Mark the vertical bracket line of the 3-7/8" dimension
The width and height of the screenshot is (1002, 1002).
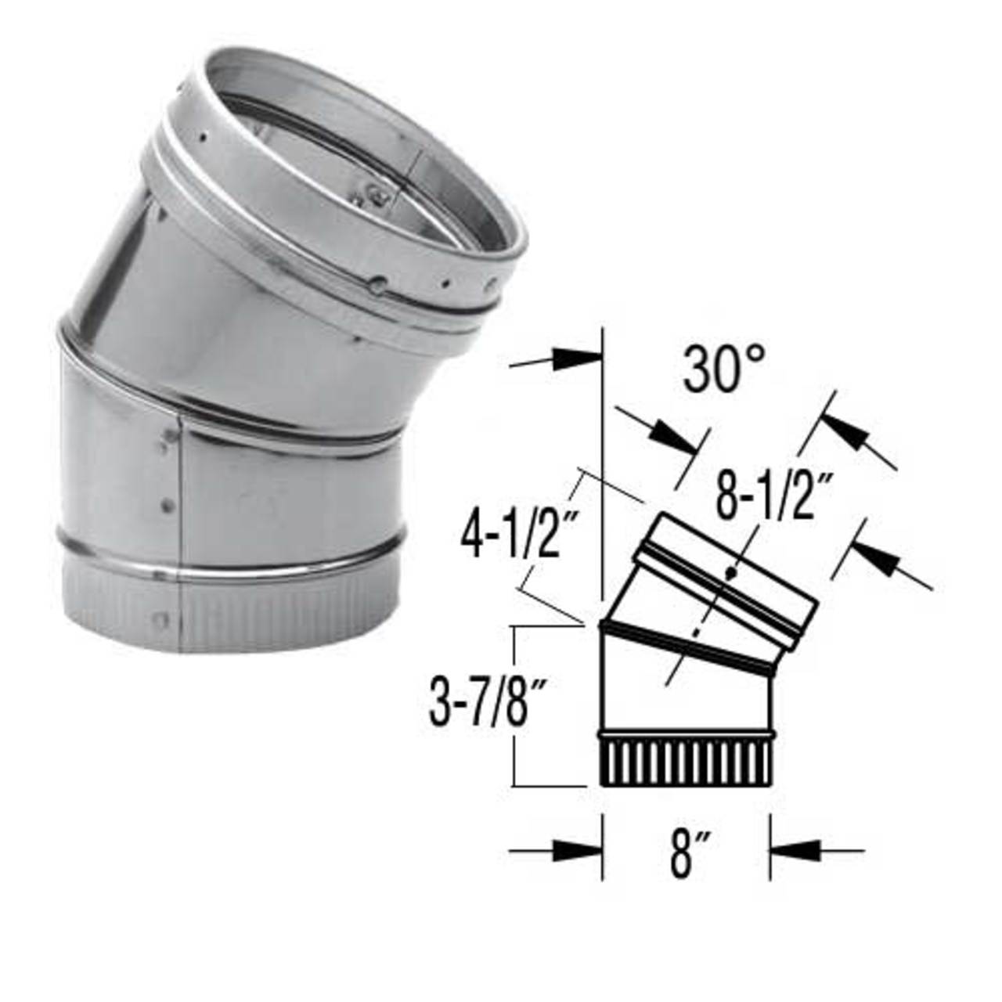pos(514,705)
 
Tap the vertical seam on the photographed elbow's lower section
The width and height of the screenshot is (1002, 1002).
pos(181,501)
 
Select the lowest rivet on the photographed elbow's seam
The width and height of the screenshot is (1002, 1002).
pos(160,621)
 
